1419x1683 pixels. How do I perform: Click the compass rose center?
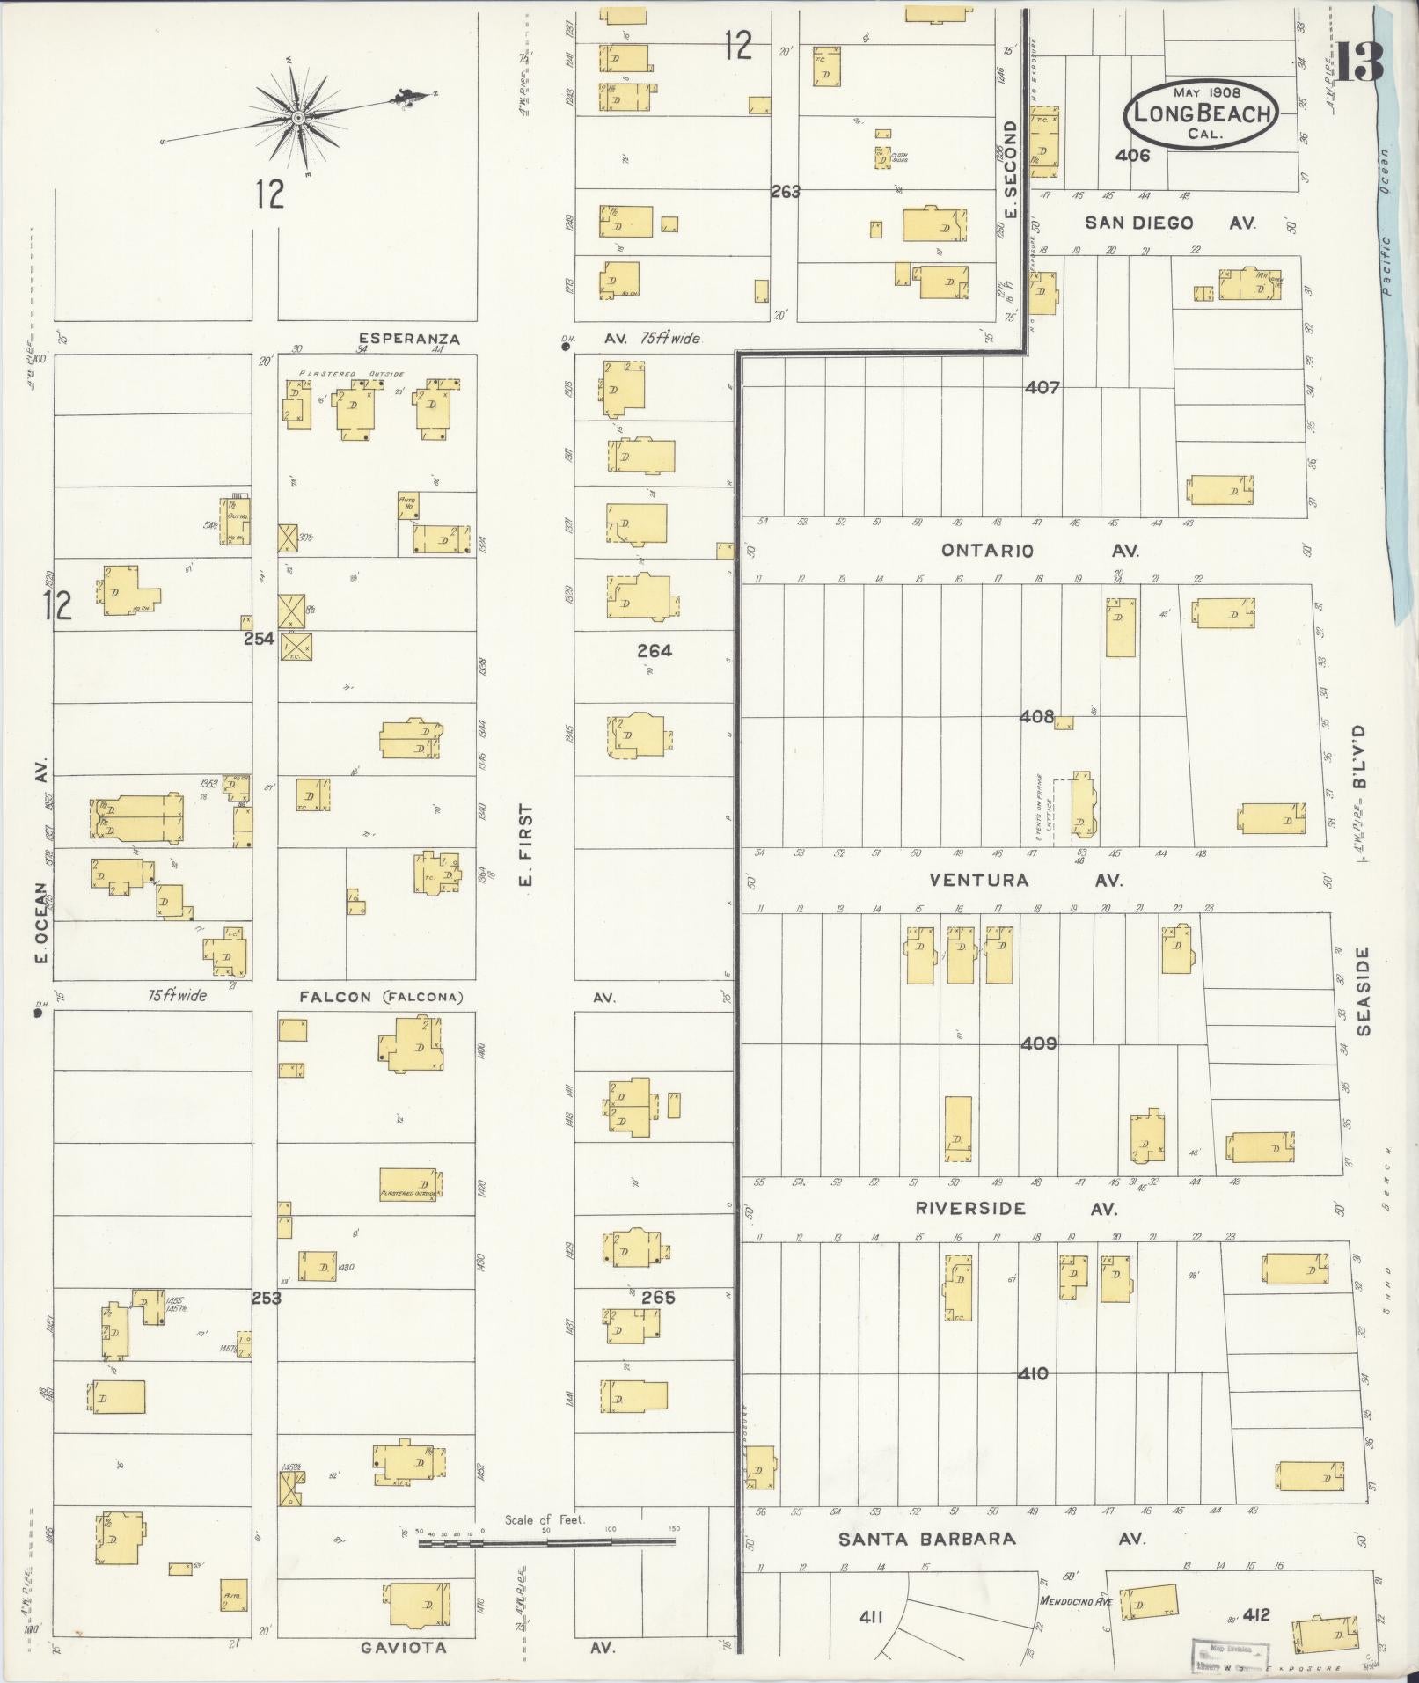pyautogui.click(x=298, y=117)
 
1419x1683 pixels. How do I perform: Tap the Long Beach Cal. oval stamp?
pyautogui.click(x=1201, y=113)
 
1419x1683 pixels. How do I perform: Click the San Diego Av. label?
pyautogui.click(x=1139, y=223)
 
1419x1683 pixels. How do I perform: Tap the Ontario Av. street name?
pyautogui.click(x=988, y=551)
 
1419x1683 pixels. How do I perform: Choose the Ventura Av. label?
pyautogui.click(x=979, y=880)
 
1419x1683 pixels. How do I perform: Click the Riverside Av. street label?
pyautogui.click(x=970, y=1209)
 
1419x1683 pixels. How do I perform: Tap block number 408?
pyautogui.click(x=1036, y=716)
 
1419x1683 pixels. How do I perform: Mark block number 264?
pyautogui.click(x=655, y=650)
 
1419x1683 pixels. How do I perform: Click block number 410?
pyautogui.click(x=1033, y=1373)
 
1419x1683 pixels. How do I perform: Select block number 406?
pyautogui.click(x=1132, y=156)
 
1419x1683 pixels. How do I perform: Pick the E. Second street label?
pyautogui.click(x=1010, y=170)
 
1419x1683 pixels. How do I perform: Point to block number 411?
pyautogui.click(x=871, y=1616)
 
